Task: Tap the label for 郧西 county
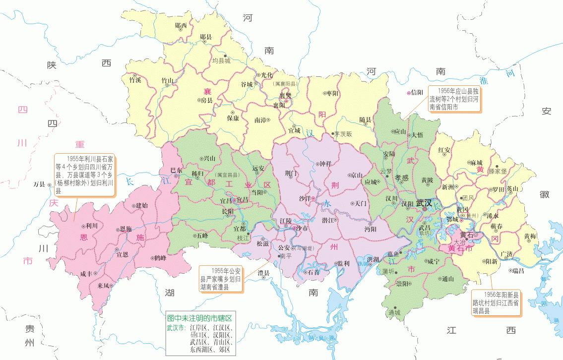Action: [181, 25]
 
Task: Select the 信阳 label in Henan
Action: [417, 92]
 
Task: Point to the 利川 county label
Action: [92, 226]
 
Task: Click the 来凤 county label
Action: [104, 286]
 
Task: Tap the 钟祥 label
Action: [325, 164]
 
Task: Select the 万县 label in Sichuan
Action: [39, 184]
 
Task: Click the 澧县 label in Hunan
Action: [263, 273]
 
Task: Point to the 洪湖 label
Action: [373, 259]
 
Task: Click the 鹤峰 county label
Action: [160, 258]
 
